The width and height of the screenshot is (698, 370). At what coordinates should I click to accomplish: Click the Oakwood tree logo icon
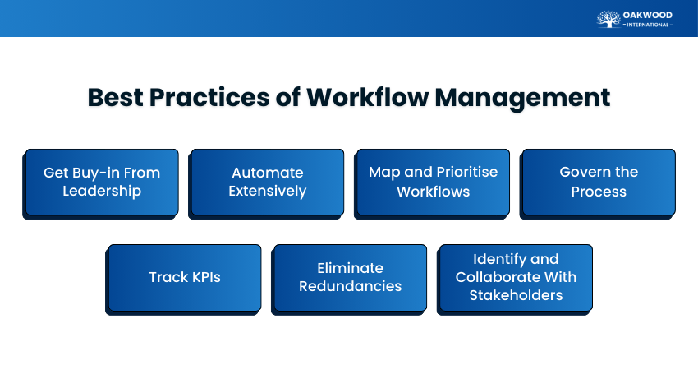point(608,18)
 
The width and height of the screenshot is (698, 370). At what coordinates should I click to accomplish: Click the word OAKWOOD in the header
point(647,14)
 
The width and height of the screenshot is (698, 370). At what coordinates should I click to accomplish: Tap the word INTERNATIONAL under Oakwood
point(647,25)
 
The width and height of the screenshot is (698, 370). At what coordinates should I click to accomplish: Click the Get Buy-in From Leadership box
point(102,182)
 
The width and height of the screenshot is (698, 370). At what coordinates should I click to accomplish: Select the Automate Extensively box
point(267,182)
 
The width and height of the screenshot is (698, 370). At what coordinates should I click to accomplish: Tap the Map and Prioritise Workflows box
point(433,182)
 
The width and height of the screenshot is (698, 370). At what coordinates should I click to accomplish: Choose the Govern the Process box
point(599,182)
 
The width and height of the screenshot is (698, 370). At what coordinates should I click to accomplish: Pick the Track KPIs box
point(185,277)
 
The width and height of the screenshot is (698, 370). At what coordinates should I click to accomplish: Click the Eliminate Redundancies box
point(350,277)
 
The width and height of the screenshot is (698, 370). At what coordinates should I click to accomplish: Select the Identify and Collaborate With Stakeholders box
point(516,277)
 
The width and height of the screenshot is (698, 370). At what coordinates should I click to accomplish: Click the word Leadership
point(102,192)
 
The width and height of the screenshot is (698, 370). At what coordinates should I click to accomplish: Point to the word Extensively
point(267,192)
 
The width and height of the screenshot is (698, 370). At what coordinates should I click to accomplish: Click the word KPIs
point(203,277)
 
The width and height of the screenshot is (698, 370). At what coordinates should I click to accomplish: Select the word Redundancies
point(350,287)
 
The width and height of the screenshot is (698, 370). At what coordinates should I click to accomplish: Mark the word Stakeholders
point(516,295)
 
